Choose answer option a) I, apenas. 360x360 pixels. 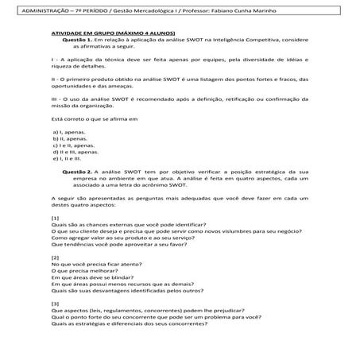click(x=68, y=130)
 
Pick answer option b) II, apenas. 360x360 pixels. click(x=69, y=137)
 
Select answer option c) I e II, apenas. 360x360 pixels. click(x=72, y=144)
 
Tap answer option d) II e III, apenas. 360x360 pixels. click(x=75, y=151)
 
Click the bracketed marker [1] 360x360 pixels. click(x=54, y=217)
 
